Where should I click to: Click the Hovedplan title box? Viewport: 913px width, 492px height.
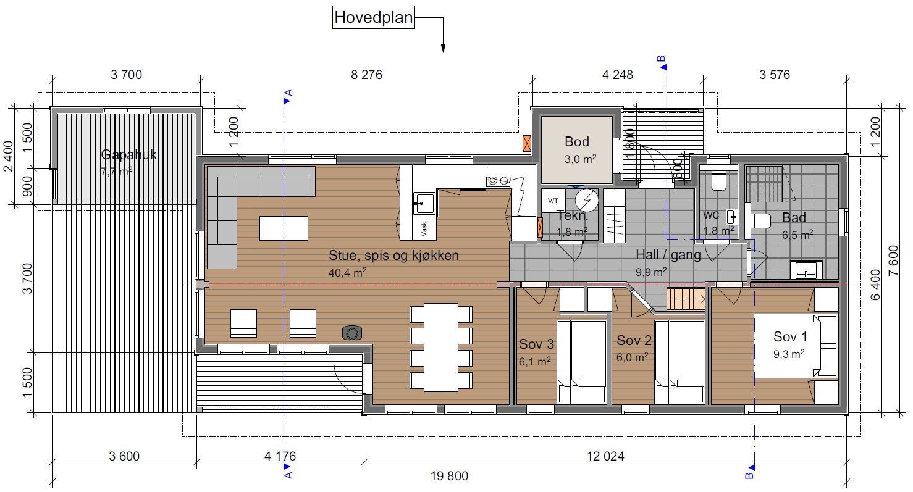[373, 17]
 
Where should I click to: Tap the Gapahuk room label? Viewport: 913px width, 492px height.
[129, 155]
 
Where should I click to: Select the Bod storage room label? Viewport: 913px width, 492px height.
[577, 142]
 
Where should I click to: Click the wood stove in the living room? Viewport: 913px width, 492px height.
[352, 333]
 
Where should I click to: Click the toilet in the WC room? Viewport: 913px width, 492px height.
[718, 179]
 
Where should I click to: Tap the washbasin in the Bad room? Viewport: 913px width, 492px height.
[807, 269]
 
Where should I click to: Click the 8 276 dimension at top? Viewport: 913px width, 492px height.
[367, 75]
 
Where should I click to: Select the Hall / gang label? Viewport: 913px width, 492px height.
[668, 255]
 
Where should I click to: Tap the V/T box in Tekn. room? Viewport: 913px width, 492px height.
[552, 200]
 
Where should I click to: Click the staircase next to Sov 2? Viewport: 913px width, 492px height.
[686, 300]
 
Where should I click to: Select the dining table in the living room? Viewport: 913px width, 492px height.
[441, 347]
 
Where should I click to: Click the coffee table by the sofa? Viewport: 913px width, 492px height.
[284, 228]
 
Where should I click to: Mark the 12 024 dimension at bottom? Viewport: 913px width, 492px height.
[604, 457]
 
